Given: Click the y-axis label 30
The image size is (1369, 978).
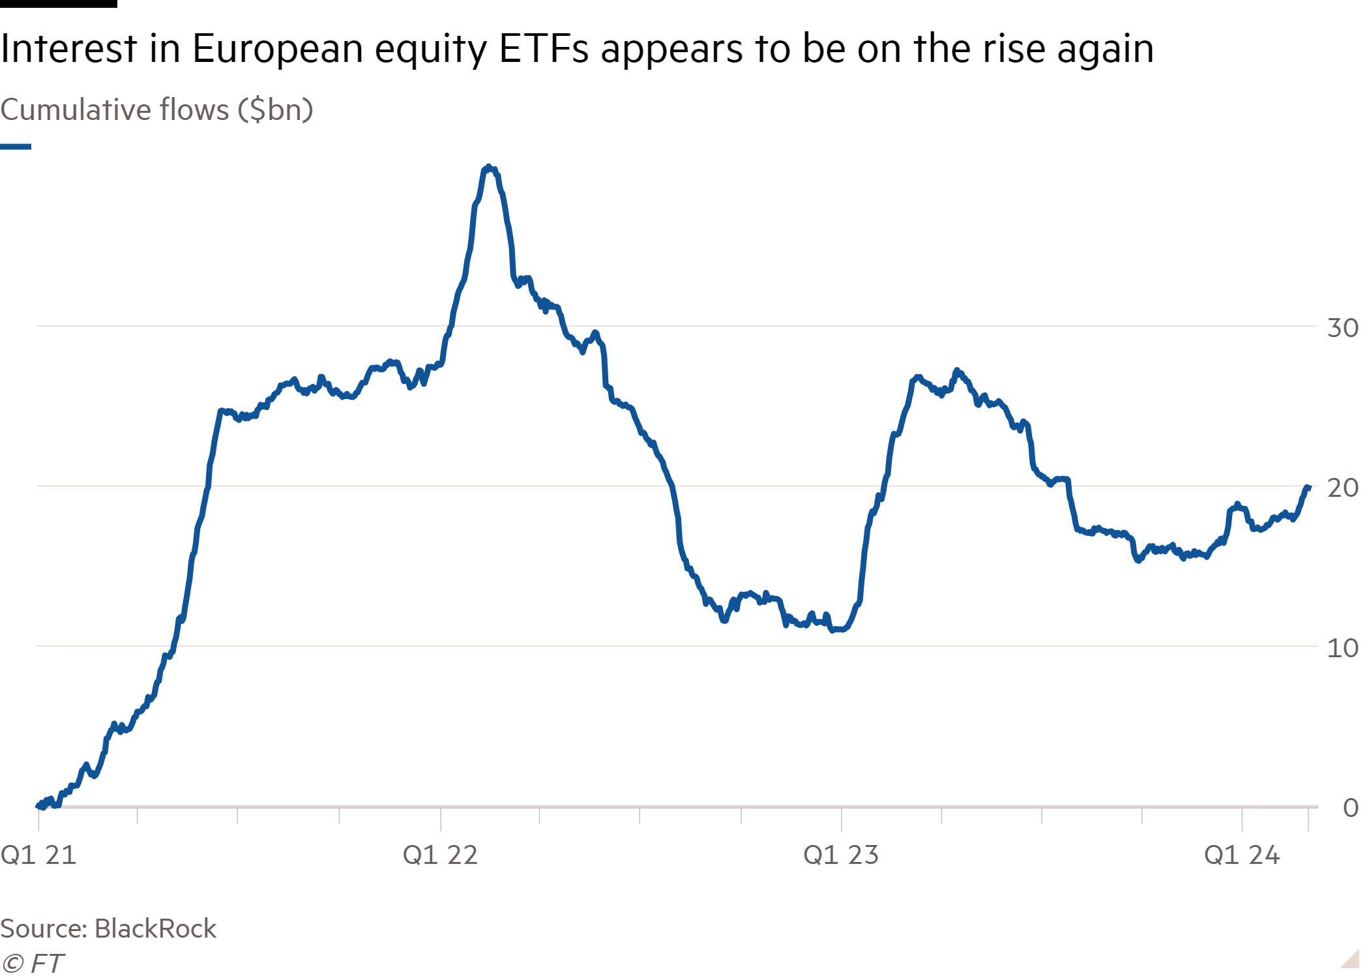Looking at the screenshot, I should [x=1342, y=327].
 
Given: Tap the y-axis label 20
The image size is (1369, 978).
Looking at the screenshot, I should [x=1342, y=488].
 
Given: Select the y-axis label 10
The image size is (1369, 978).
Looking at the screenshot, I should [x=1342, y=648].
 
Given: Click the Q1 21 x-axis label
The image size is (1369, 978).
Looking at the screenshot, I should [x=38, y=855].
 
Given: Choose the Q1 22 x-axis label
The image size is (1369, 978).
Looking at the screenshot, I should [x=440, y=855].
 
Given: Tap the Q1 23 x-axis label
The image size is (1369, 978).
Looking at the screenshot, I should [x=841, y=855].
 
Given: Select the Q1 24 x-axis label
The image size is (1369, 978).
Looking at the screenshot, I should [x=1242, y=855].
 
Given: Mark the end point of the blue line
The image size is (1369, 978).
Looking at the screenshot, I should [x=1307, y=488].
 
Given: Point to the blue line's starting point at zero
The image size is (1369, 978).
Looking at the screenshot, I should [x=38, y=805].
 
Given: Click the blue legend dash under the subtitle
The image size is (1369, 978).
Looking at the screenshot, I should [x=16, y=147].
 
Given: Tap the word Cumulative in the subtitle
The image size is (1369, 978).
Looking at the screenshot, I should [x=77, y=110].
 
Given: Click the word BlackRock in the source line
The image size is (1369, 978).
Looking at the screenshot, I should [x=155, y=928].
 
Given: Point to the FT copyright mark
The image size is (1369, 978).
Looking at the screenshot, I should [x=33, y=964].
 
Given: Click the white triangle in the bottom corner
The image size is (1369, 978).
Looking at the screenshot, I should [x=1351, y=960].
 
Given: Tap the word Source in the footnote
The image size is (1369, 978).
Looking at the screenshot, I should [x=43, y=928].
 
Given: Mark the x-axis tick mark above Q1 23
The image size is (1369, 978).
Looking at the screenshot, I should [x=842, y=819].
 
